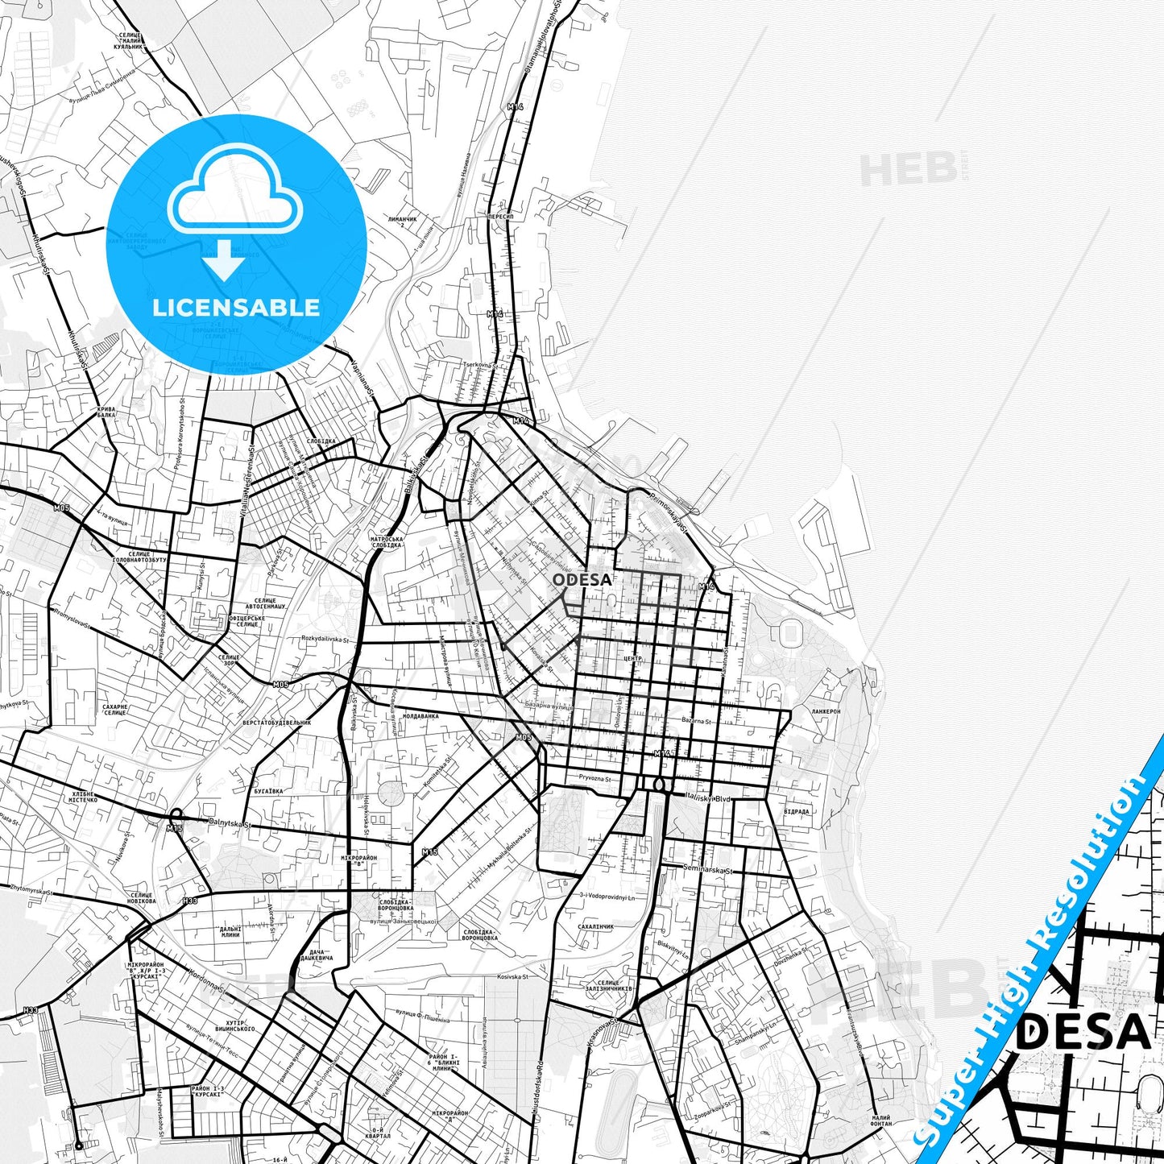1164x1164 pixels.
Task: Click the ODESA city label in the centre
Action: (x=582, y=579)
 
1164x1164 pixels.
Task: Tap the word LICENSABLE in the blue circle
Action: (x=236, y=308)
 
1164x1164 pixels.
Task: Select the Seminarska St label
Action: (x=705, y=871)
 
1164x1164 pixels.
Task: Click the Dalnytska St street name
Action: (x=230, y=824)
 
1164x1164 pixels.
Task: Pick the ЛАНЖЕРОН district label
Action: (x=826, y=712)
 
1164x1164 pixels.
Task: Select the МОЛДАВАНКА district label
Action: (x=420, y=715)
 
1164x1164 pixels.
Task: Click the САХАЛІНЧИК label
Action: (x=596, y=927)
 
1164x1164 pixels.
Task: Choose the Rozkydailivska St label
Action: (x=325, y=640)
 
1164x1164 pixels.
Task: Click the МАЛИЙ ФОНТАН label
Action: (x=880, y=1121)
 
